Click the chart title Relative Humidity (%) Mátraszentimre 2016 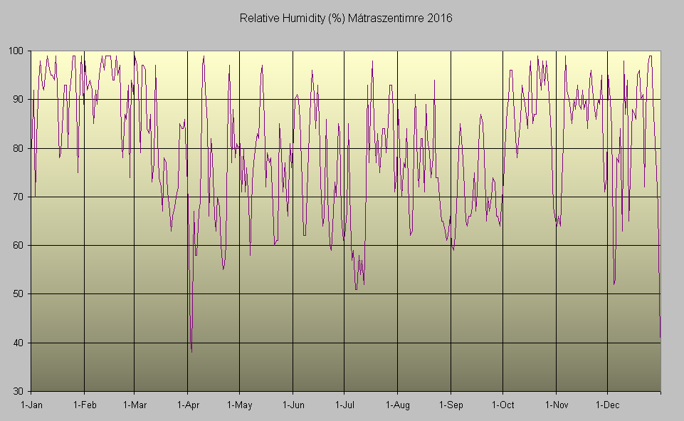345,18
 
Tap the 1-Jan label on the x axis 31,405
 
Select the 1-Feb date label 84,405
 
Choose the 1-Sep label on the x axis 450,405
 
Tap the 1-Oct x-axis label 503,405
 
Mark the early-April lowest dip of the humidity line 191,351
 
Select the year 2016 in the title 441,18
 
